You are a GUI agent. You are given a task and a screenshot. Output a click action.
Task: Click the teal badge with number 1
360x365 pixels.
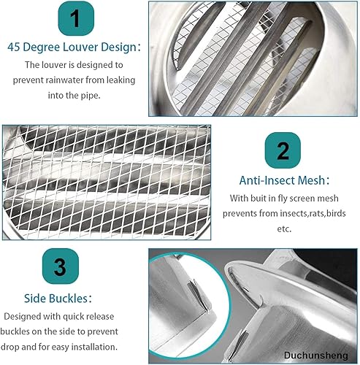76,18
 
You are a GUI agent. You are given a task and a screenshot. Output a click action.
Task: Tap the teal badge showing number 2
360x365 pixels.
283,150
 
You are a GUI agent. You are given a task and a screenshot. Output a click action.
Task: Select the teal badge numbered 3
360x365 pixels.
61,266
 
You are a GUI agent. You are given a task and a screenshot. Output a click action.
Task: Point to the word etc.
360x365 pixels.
284,229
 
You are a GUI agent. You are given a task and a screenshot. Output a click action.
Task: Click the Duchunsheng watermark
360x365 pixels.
316,356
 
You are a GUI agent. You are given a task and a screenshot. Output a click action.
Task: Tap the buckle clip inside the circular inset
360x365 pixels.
198,296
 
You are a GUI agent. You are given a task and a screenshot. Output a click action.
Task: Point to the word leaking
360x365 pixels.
120,80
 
